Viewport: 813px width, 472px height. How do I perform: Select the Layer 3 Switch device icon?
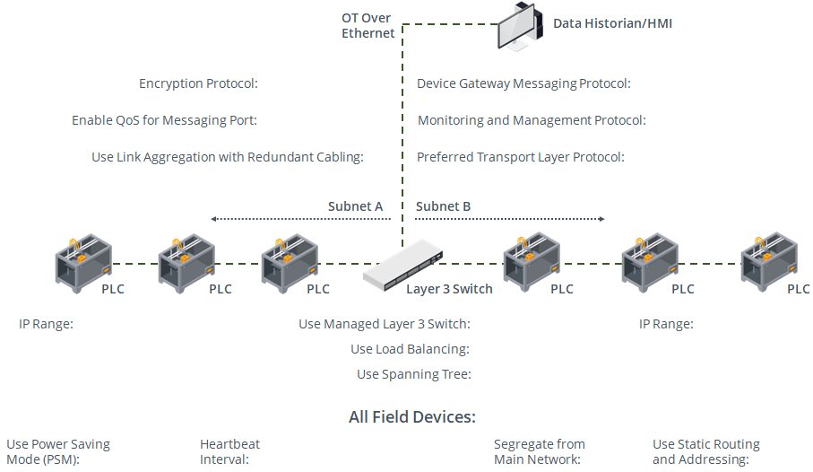coord(403,266)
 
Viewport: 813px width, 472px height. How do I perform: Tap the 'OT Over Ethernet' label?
coord(368,25)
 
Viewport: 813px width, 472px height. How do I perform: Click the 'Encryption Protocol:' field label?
coord(198,83)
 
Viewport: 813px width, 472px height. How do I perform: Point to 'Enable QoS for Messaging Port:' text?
coord(164,120)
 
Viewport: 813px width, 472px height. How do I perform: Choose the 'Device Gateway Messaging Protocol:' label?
coord(523,83)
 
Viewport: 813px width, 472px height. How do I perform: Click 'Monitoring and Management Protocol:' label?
coord(532,120)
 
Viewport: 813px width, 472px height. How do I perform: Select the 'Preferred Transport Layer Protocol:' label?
coord(520,157)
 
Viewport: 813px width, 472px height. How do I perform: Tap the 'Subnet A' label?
coord(355,206)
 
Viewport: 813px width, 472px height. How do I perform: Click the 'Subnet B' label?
coord(443,206)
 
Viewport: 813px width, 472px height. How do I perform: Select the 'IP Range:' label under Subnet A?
coord(46,324)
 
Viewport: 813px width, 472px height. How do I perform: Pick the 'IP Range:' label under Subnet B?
coord(666,324)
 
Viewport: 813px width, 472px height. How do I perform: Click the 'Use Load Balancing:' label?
coord(410,349)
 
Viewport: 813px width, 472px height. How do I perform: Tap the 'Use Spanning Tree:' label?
coord(413,374)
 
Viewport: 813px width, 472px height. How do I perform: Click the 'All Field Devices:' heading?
coord(411,417)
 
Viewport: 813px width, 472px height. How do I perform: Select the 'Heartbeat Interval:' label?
coord(229,451)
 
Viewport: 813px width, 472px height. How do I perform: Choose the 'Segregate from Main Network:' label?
coord(539,451)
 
